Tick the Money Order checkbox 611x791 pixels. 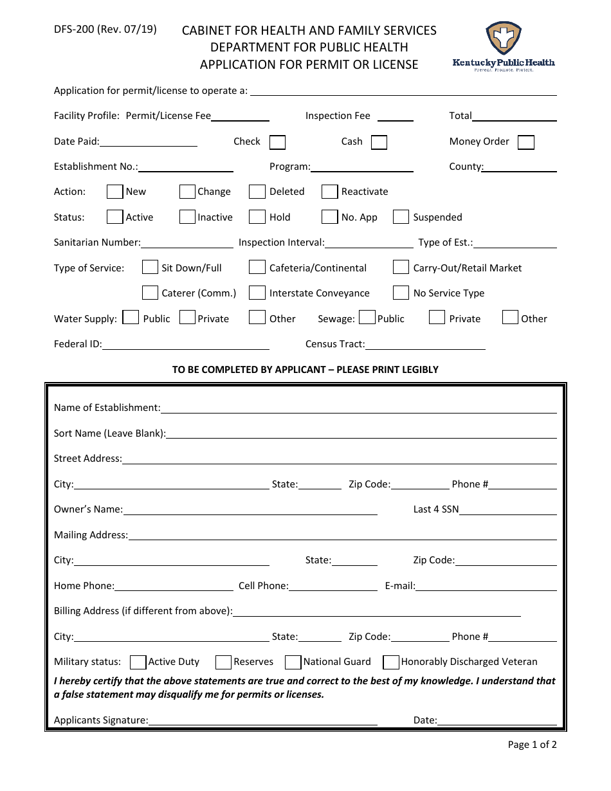(526, 142)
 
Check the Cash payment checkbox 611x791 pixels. (379, 142)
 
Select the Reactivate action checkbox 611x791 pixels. (330, 192)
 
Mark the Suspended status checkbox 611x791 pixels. (401, 217)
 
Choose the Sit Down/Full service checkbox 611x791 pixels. (150, 268)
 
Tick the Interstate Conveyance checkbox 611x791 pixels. (257, 293)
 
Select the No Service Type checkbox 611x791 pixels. (401, 293)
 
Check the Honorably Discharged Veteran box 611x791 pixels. (391, 662)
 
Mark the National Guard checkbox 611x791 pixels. (293, 662)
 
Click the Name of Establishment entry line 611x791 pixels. (358, 408)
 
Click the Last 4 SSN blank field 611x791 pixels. (507, 509)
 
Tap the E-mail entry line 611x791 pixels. (486, 586)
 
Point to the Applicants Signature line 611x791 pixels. (262, 720)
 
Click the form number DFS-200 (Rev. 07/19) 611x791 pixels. (105, 29)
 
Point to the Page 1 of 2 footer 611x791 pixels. (532, 745)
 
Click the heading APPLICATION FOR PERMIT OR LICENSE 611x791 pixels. (309, 64)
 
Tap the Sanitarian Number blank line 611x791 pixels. (187, 242)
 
